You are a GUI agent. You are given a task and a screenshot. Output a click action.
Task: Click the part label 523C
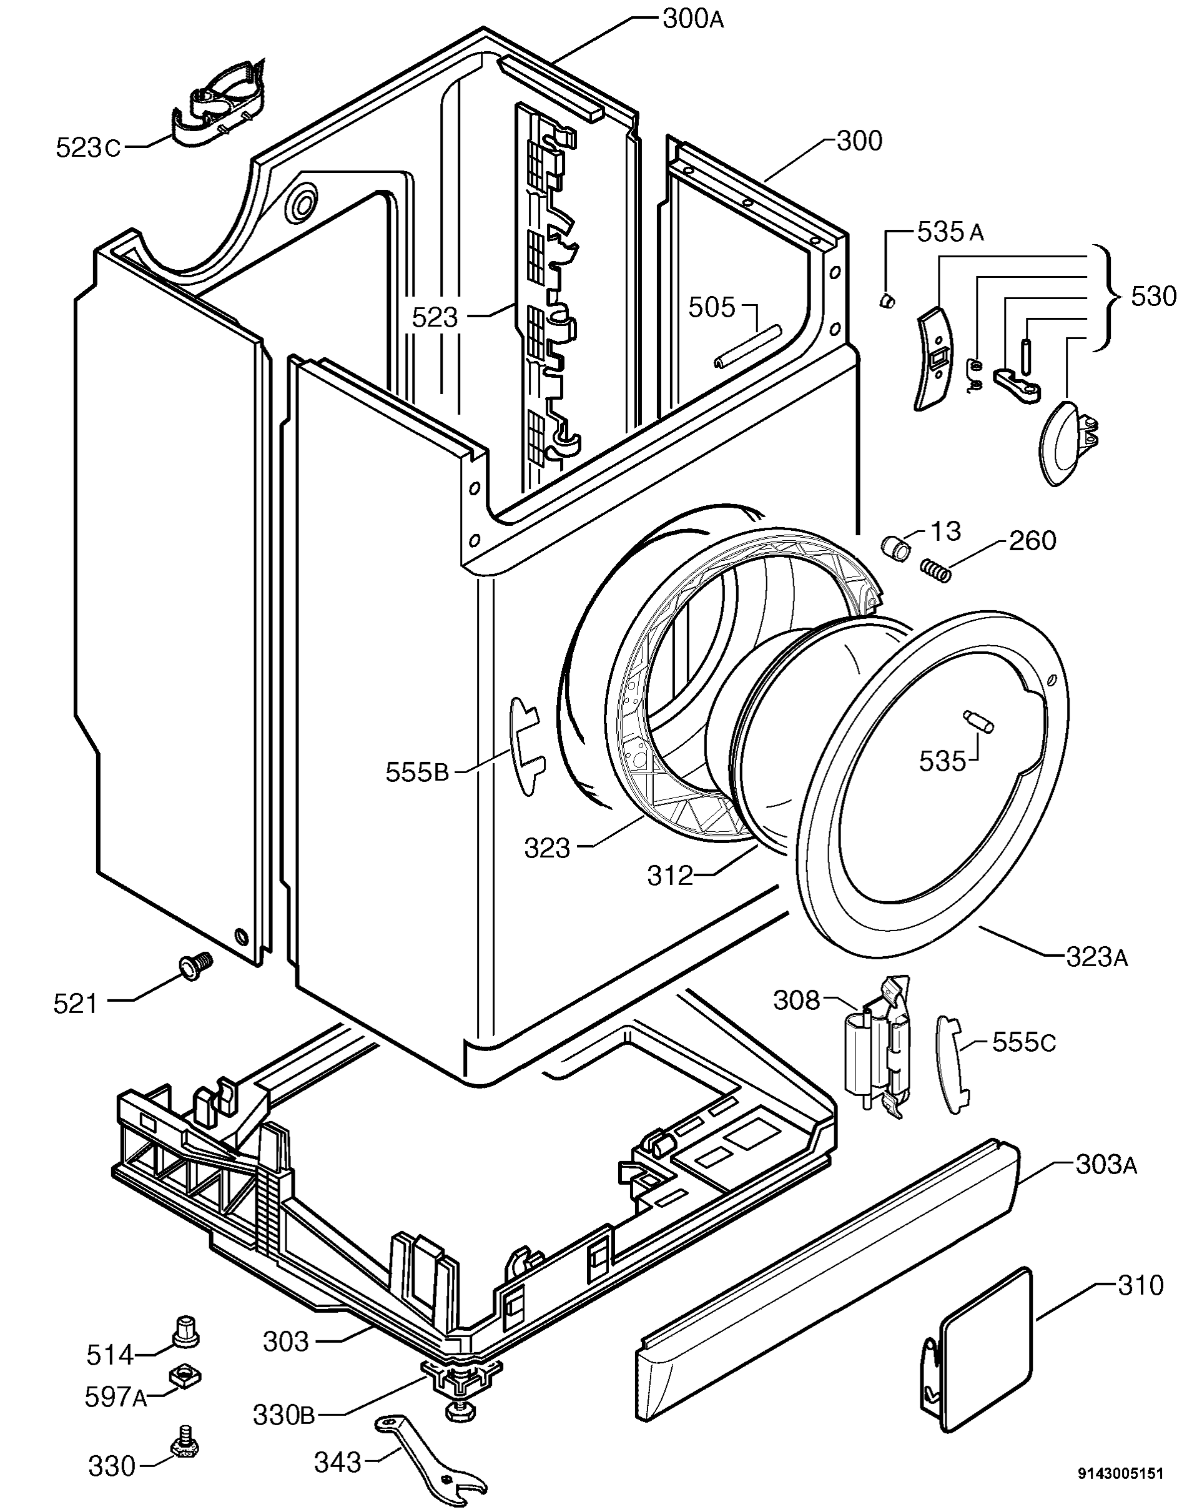click(x=87, y=148)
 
